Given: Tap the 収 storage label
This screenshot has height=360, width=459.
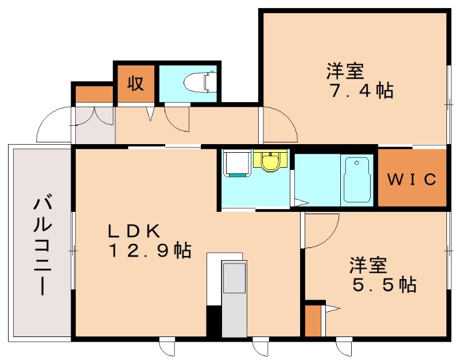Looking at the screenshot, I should pos(135,84).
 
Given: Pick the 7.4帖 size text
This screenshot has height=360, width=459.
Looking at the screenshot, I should pos(360,91).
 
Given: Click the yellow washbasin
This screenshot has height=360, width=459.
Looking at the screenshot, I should pos(270,161).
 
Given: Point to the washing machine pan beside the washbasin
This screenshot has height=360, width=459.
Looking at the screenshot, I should pos(236,164).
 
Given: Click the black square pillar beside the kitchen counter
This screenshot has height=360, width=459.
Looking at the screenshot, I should pos(213,322).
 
